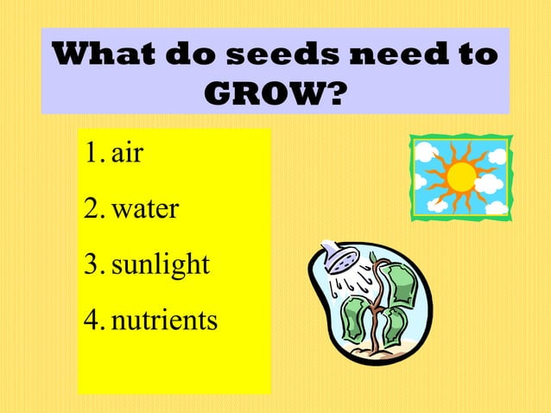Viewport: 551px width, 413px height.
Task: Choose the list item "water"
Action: (144, 208)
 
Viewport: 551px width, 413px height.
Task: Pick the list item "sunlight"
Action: (160, 264)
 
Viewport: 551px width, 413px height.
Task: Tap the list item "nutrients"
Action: (164, 320)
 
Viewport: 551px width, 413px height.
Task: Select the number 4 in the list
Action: (92, 320)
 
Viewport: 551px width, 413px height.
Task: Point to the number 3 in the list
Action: (92, 264)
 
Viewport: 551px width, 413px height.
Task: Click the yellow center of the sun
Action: (460, 177)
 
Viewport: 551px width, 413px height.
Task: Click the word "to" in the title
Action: (478, 54)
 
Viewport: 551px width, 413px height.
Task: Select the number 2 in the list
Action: (92, 208)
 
